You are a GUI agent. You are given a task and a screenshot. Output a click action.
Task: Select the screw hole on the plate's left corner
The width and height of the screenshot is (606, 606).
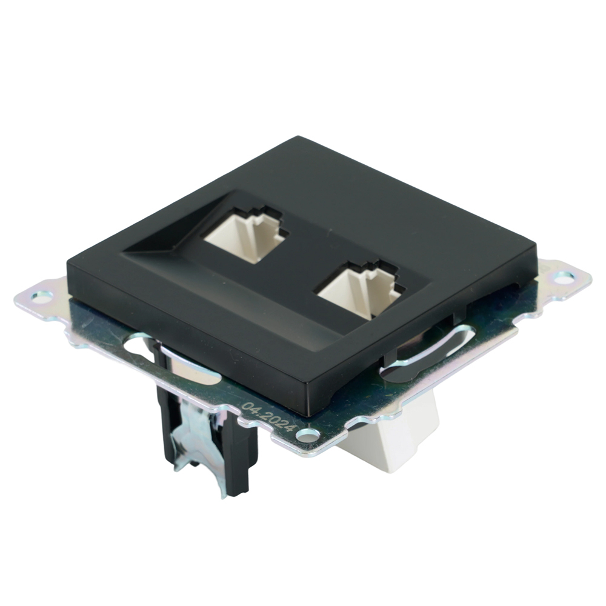[42, 296]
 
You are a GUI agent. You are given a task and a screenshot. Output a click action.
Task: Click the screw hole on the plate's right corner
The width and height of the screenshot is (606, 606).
[563, 278]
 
